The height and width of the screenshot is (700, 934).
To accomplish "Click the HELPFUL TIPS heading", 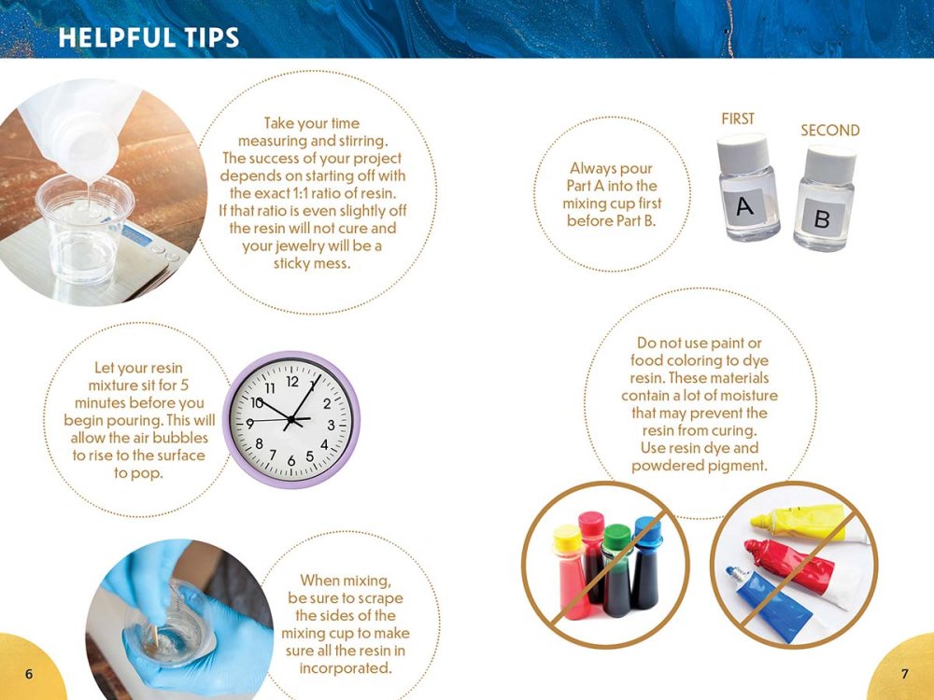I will click(x=148, y=37).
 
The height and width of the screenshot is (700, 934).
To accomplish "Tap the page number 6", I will click(x=30, y=674).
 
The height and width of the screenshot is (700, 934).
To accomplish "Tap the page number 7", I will click(x=904, y=674).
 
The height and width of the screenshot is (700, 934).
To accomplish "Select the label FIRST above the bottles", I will click(x=738, y=119).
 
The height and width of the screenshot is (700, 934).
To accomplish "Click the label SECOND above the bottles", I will click(x=829, y=131).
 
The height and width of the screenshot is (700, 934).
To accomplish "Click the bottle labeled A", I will click(x=747, y=189).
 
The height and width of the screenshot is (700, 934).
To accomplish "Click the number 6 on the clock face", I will click(x=292, y=461).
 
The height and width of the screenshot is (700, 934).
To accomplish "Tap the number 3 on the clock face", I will click(x=331, y=424).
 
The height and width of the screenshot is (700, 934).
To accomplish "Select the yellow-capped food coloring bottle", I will click(x=570, y=574).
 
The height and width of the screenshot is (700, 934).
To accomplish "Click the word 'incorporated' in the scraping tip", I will click(x=345, y=668).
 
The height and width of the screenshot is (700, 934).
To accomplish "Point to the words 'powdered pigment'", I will click(x=700, y=465).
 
